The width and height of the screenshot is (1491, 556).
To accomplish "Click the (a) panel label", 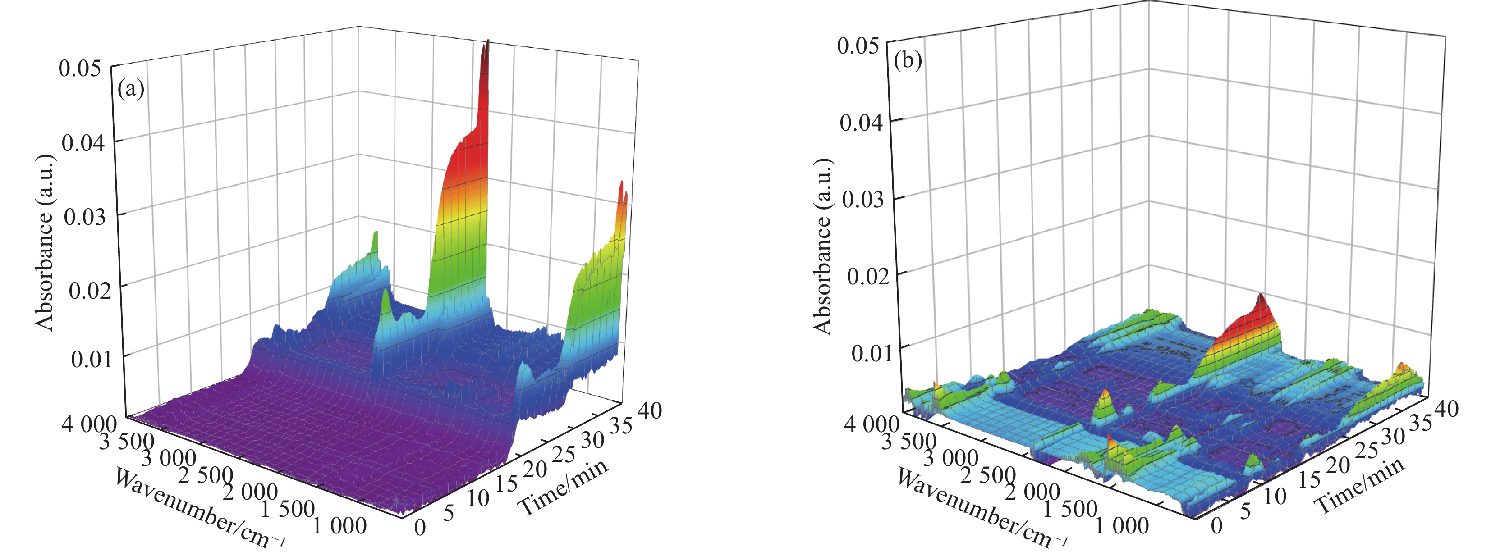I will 130,89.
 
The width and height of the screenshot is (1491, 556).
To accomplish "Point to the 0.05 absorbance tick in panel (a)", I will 80,68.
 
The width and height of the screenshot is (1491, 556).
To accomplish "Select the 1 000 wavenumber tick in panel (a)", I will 340,525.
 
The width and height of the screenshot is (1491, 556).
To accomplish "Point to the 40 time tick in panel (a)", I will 649,410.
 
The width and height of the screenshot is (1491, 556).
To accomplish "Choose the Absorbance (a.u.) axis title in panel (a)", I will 45,243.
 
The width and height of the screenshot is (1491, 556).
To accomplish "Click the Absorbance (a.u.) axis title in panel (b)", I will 822,246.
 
